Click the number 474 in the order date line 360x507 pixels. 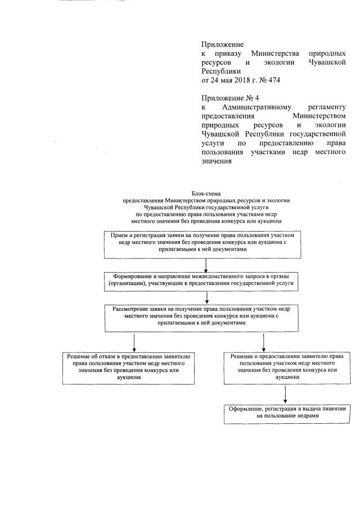(x=271, y=80)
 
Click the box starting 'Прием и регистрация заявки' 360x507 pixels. (x=206, y=242)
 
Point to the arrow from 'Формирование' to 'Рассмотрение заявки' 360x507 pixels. (x=206, y=299)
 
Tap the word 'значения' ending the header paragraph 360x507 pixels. (x=217, y=161)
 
